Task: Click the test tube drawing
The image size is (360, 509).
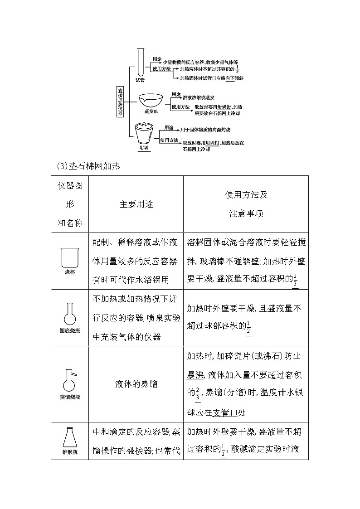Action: (141, 63)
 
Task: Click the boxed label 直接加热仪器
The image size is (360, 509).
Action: (120, 101)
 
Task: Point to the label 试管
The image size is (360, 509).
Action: (140, 80)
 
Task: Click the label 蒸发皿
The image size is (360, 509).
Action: (151, 111)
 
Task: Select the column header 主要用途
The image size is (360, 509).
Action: (136, 204)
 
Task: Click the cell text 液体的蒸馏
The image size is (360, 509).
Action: (136, 384)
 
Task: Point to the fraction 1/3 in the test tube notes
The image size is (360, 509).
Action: (237, 68)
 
